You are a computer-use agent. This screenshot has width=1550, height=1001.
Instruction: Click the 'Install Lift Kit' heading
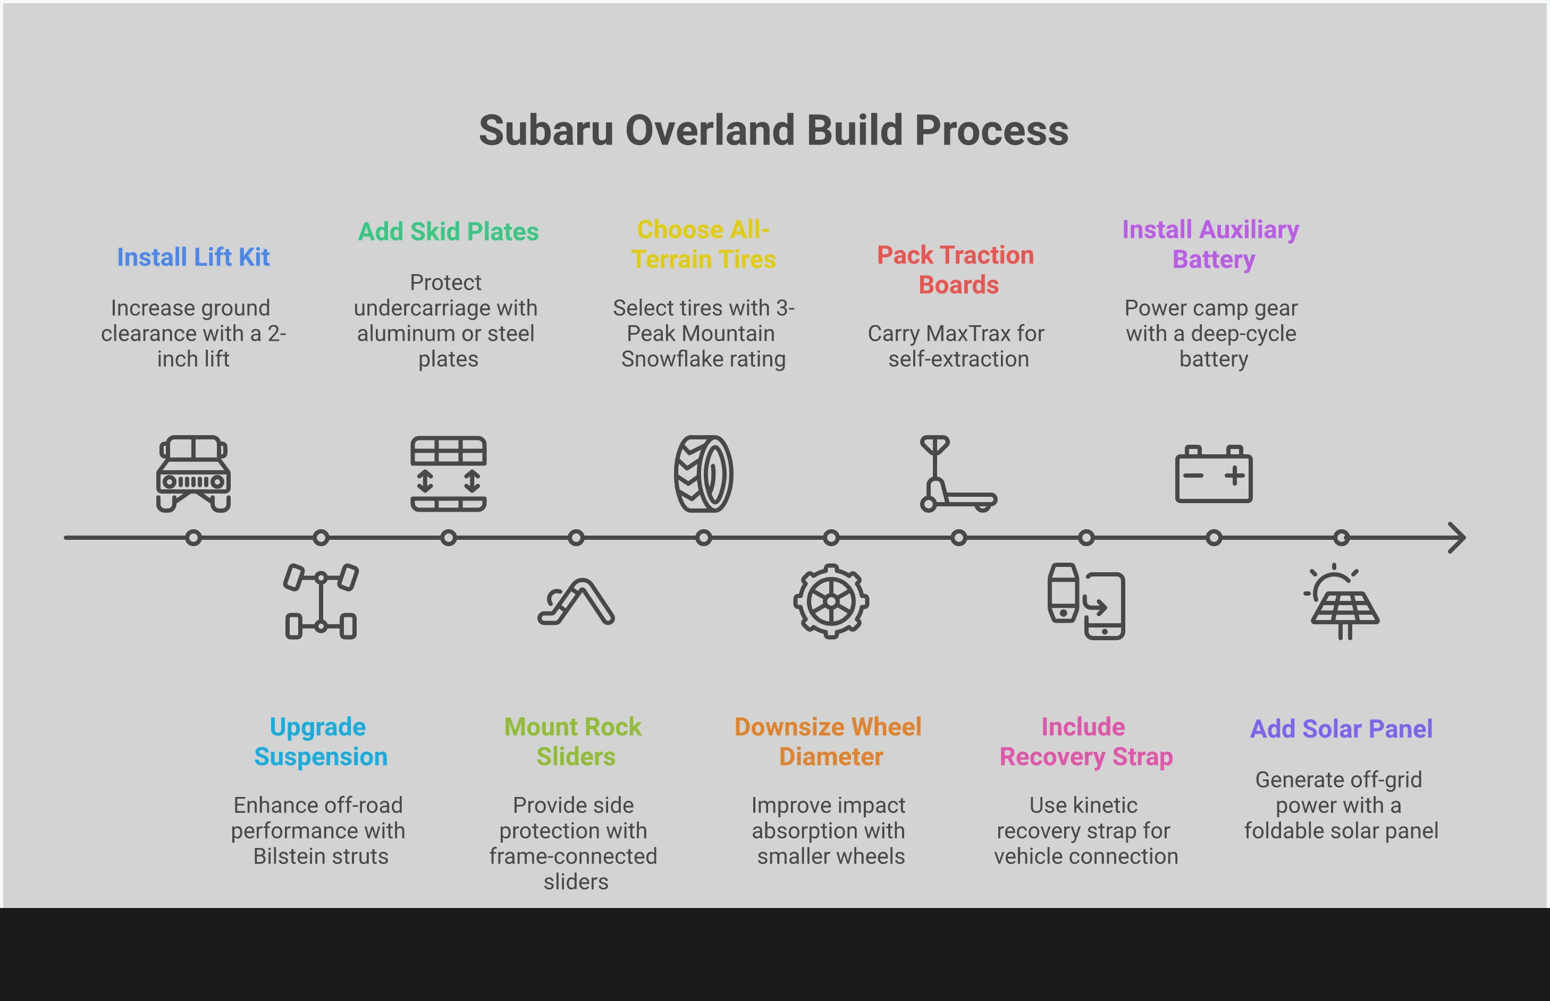(x=193, y=257)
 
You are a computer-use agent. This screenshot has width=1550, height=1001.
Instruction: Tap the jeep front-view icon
(x=193, y=474)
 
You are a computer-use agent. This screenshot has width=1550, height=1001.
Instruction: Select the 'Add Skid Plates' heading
(x=448, y=232)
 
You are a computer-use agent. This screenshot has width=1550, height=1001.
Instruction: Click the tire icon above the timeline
(x=703, y=474)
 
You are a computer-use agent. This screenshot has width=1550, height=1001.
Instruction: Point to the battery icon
(x=1213, y=474)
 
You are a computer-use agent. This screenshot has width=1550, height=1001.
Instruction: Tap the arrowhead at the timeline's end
(x=1458, y=538)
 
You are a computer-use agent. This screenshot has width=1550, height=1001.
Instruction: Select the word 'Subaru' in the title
(x=545, y=130)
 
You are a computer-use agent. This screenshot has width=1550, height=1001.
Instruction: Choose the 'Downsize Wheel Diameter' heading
(x=828, y=742)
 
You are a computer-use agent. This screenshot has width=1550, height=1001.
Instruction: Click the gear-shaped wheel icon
(x=831, y=601)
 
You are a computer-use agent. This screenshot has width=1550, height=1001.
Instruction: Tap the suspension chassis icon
(x=321, y=601)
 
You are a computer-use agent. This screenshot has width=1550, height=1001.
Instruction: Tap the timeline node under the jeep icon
(x=193, y=538)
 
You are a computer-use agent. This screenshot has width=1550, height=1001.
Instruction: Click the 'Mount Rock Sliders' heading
(x=574, y=742)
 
